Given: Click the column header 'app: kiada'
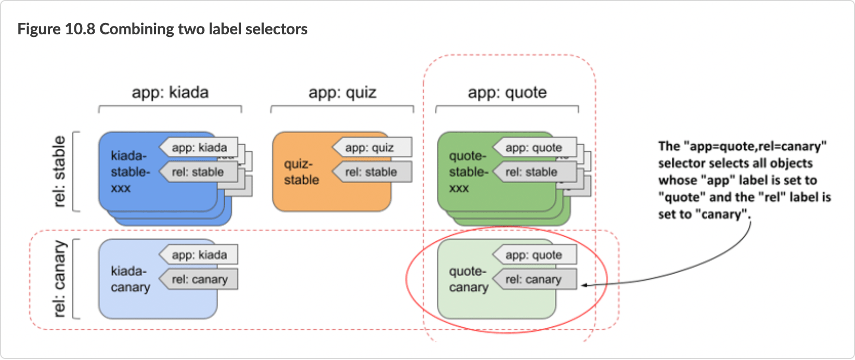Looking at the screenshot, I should (x=170, y=93).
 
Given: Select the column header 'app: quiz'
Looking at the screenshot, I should (x=342, y=93).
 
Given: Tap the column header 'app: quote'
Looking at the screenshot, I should (x=507, y=93).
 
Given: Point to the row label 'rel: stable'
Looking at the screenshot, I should (x=60, y=171).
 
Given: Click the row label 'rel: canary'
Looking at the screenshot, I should (x=60, y=278).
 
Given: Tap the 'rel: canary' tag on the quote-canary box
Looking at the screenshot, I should (x=534, y=279).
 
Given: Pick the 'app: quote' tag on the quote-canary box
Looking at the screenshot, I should (x=534, y=255).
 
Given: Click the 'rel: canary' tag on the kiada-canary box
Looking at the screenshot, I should (x=200, y=279).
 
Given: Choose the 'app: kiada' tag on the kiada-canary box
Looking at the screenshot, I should (x=200, y=255).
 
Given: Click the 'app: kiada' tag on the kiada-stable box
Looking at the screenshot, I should (x=200, y=148).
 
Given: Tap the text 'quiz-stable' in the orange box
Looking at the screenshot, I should (x=301, y=172).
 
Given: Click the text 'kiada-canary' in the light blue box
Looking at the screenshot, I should (x=130, y=279).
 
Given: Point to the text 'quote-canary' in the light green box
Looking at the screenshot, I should (x=469, y=279).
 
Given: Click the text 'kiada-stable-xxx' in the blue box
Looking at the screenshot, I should (x=130, y=172).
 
